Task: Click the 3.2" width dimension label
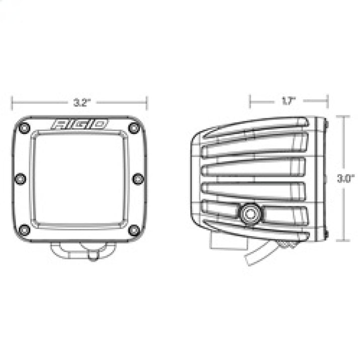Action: tap(80, 102)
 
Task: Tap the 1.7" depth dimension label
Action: tap(288, 101)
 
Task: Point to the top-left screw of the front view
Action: tap(24, 128)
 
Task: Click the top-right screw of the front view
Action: tap(134, 128)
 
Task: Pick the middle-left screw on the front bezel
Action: tap(21, 179)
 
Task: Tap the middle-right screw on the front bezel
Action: tap(138, 179)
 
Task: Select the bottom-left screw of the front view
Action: tap(24, 230)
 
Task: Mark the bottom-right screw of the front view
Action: tap(134, 230)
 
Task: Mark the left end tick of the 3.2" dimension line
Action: tap(12, 102)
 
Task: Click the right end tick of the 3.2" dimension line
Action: tap(147, 102)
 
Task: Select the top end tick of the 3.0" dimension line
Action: tap(343, 116)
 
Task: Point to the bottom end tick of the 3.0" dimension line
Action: tap(343, 241)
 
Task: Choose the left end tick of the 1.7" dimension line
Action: tap(250, 101)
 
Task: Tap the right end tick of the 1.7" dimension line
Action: tap(327, 101)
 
